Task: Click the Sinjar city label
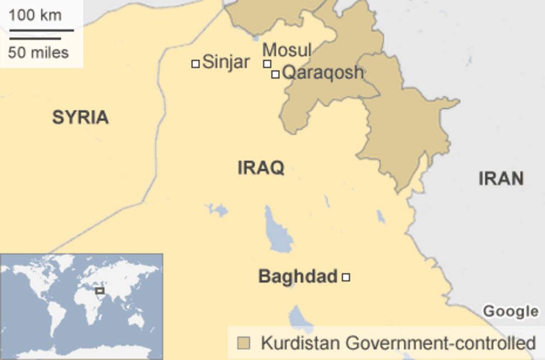[x=226, y=62]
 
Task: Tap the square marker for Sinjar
[x=195, y=64]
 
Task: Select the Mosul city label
[x=286, y=50]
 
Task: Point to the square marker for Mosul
[x=267, y=64]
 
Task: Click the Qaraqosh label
[x=323, y=73]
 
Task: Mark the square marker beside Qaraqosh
[x=275, y=74]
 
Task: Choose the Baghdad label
[x=298, y=276]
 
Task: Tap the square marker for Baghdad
[x=346, y=277]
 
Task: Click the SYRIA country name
[x=80, y=118]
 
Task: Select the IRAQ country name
[x=261, y=167]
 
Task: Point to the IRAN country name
[x=501, y=179]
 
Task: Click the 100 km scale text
[x=35, y=15]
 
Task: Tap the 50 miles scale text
[x=39, y=53]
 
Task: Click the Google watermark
[x=510, y=311]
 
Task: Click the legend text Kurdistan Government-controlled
[x=398, y=343]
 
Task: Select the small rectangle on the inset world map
[x=100, y=291]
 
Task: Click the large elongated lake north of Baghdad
[x=278, y=231]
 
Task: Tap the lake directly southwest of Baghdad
[x=300, y=319]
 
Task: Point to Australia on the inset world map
[x=136, y=320]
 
